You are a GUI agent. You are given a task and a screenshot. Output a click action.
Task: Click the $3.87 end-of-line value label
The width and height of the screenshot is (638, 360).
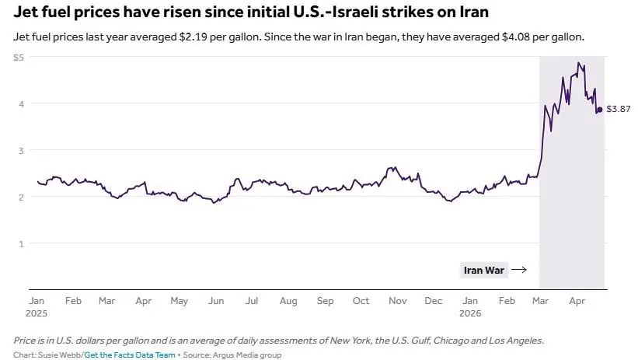pos(618,110)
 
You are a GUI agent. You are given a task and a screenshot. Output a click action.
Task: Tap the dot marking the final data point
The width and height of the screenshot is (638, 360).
pos(599,110)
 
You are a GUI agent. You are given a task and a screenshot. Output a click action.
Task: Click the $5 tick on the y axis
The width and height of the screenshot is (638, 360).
pos(19,58)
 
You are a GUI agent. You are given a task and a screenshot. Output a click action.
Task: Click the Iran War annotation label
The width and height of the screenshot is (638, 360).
pos(483,271)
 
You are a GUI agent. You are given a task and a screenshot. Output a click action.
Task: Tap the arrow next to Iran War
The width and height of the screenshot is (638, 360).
pos(519,271)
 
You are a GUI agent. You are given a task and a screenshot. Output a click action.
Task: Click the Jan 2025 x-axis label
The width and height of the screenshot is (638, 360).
pos(37,306)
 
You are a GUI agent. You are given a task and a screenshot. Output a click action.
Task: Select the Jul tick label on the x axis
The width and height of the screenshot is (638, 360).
pos(252,300)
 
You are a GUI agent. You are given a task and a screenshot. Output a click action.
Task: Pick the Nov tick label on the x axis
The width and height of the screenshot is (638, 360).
pos(397,300)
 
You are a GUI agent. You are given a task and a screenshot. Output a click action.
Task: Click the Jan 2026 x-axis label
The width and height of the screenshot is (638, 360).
pos(470,306)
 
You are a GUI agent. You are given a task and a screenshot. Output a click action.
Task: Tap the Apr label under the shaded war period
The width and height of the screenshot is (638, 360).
pos(577,300)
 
